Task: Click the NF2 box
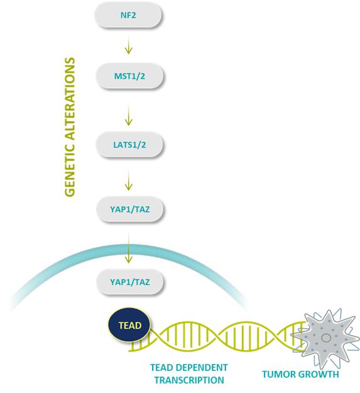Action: (x=128, y=15)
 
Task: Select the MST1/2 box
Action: (x=129, y=75)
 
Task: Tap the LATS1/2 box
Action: (x=129, y=145)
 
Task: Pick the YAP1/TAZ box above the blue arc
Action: (x=129, y=209)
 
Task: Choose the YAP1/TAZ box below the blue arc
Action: (x=129, y=282)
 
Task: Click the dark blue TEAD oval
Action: (x=129, y=325)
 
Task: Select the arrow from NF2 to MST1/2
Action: (x=128, y=45)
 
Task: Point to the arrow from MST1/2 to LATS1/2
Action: (x=128, y=115)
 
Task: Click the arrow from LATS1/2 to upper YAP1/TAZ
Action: (x=128, y=180)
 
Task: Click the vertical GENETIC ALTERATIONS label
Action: (x=70, y=127)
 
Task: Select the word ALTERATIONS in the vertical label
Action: (x=70, y=99)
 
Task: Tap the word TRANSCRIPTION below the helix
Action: (x=189, y=380)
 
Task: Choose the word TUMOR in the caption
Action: (x=278, y=374)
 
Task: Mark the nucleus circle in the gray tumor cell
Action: (x=326, y=338)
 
